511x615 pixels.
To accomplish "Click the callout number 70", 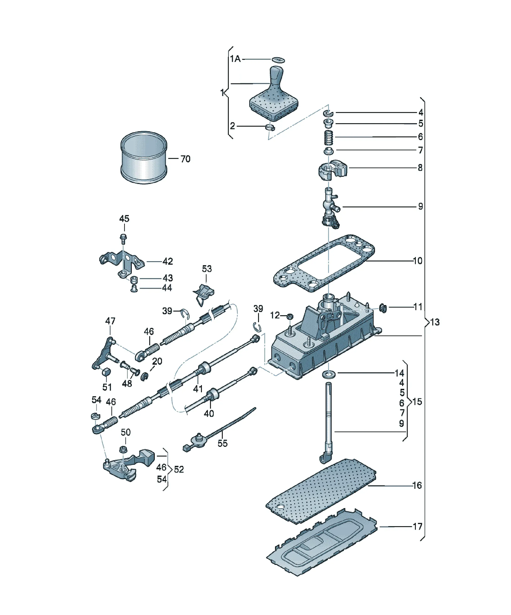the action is [x=185, y=159].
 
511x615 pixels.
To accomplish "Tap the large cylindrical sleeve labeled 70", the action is [x=144, y=158].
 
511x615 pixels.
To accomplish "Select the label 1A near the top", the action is [x=235, y=59].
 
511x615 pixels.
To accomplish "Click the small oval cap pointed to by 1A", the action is [x=278, y=60].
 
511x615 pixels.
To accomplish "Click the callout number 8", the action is [x=420, y=168].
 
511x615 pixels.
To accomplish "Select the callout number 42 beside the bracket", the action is [x=168, y=261].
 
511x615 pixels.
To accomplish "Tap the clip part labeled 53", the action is [x=203, y=294].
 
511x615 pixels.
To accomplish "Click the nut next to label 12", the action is [x=289, y=316].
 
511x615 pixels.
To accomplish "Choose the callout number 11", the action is [x=417, y=307].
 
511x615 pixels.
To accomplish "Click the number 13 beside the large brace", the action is [x=435, y=322].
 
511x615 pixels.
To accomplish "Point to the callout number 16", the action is [x=417, y=486].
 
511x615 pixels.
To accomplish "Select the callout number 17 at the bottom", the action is [x=417, y=527].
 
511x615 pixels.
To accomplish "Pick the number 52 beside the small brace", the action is [x=179, y=470].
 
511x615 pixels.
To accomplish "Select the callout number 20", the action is [x=157, y=361].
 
